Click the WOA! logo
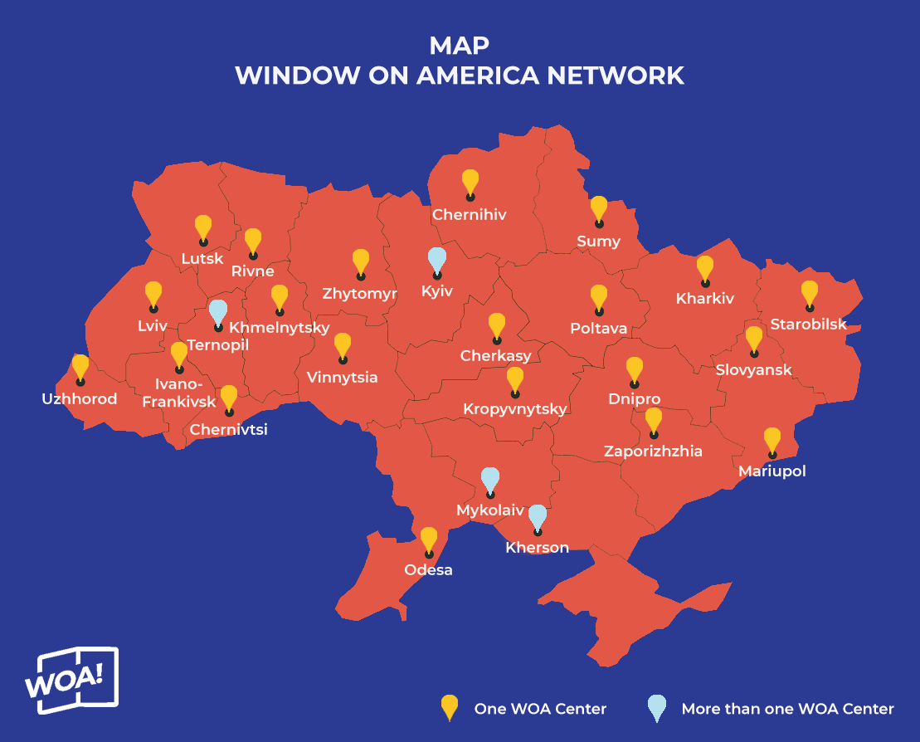tap(71, 680)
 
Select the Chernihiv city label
tap(470, 215)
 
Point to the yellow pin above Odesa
tap(429, 540)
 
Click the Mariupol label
tap(772, 471)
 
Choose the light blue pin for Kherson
tap(538, 517)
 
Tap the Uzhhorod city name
tap(80, 399)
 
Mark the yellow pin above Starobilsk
tap(809, 294)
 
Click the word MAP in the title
tap(459, 45)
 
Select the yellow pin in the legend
tap(449, 708)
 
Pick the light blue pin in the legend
tap(656, 708)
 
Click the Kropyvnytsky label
tap(515, 409)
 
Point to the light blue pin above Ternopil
tap(217, 313)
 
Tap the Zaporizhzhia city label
tap(653, 452)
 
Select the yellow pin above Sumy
tap(598, 209)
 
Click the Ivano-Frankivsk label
tap(179, 393)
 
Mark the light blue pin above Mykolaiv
tap(490, 480)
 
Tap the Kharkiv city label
tap(705, 299)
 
